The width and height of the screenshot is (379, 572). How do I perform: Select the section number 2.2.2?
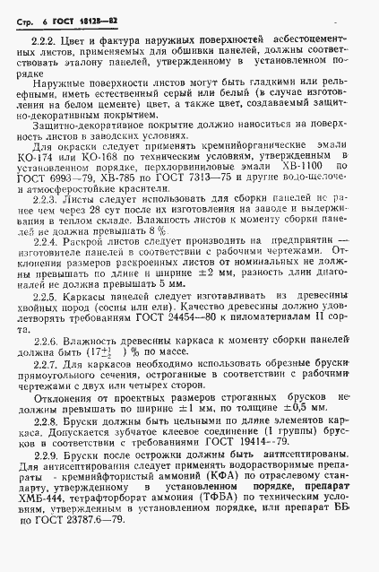click(44, 42)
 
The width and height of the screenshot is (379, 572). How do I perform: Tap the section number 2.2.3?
click(45, 202)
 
